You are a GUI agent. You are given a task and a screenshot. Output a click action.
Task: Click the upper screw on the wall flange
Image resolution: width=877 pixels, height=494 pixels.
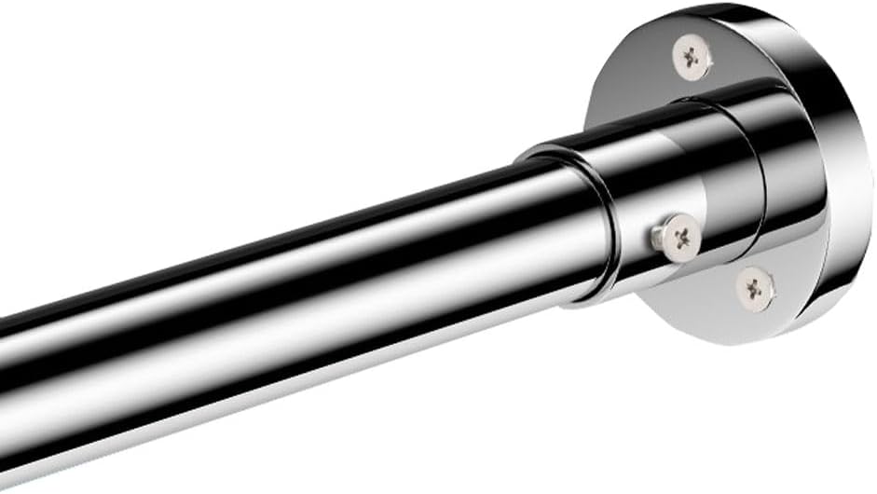[x=692, y=58]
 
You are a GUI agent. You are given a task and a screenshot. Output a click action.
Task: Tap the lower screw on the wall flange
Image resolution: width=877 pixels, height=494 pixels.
[x=755, y=288]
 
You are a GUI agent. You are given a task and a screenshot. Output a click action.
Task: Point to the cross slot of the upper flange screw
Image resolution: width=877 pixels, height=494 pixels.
[x=692, y=58]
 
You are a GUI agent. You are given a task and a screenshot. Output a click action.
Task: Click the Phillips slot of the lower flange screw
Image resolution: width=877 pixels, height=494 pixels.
[x=755, y=288]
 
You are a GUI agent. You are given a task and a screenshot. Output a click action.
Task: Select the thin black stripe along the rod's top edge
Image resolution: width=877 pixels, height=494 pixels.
[x=280, y=224]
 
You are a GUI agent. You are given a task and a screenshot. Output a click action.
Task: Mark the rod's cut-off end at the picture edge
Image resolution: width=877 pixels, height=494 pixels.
[x=4, y=373]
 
